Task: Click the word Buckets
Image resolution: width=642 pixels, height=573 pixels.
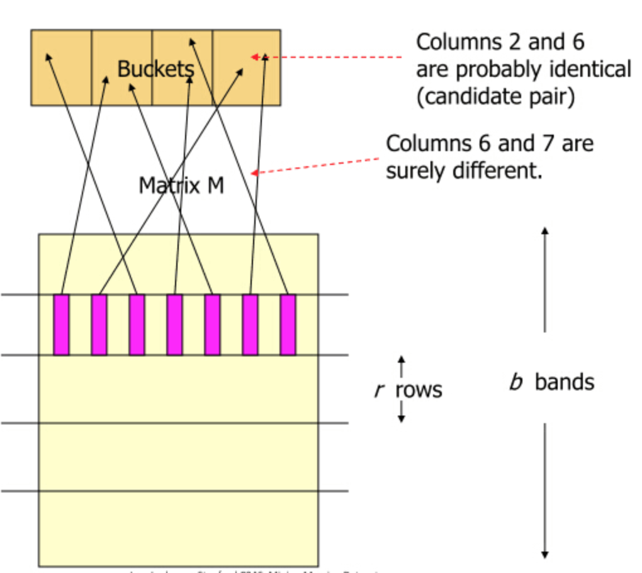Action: [x=155, y=69]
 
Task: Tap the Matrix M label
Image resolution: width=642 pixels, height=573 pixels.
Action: [x=181, y=185]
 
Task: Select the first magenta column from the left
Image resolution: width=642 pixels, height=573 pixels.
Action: [x=61, y=324]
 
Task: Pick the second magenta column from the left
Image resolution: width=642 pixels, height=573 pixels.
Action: [x=99, y=324]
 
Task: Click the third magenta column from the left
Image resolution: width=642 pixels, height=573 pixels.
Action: [x=137, y=324]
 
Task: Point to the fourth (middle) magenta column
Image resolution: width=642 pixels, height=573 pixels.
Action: [x=174, y=324]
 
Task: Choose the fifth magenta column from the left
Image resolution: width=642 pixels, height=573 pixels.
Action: [x=212, y=324]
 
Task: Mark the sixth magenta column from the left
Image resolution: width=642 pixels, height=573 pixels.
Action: [x=250, y=324]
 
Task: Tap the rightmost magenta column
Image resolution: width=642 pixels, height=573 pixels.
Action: [x=288, y=324]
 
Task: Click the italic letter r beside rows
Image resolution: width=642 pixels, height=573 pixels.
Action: [x=378, y=390]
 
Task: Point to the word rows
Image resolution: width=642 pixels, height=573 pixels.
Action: [x=419, y=390]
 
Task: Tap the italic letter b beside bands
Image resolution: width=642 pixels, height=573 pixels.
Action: [x=515, y=382]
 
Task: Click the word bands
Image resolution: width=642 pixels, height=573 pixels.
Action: [x=565, y=382]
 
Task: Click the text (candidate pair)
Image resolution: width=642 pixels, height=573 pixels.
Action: [x=495, y=97]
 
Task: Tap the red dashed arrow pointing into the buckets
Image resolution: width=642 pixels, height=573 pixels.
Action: [x=327, y=57]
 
